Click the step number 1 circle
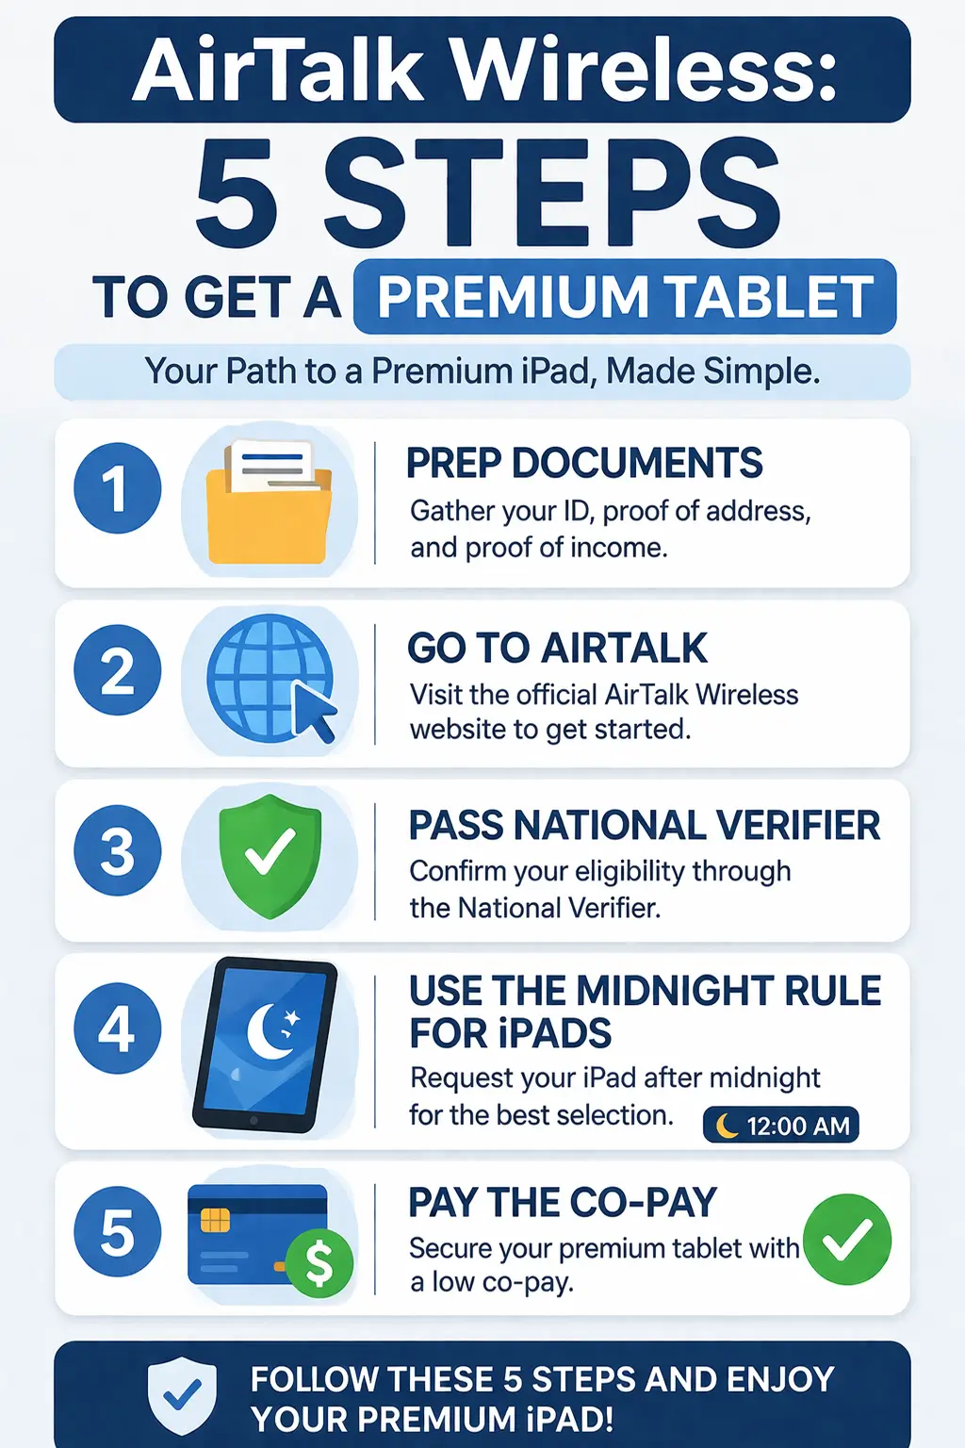click(118, 488)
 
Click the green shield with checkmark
click(270, 855)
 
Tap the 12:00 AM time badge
click(780, 1126)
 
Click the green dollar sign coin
click(319, 1263)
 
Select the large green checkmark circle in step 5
click(847, 1239)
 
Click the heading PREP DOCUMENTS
click(584, 464)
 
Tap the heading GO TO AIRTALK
click(557, 649)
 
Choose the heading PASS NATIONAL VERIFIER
click(645, 826)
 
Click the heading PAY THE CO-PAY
click(563, 1203)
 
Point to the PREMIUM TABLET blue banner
click(625, 297)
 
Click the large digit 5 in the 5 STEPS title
click(237, 194)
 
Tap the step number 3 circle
click(118, 850)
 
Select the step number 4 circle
click(118, 1028)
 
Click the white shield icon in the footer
click(182, 1395)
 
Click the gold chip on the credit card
click(215, 1221)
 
